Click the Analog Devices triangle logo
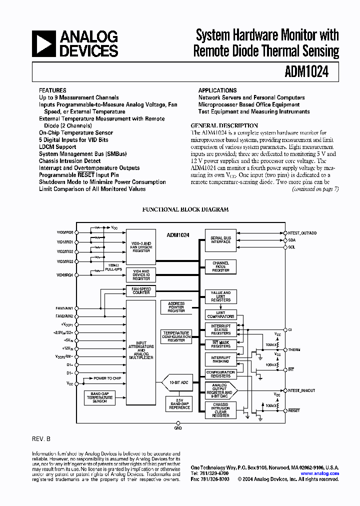[x=43, y=43]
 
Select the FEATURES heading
[x=52, y=90]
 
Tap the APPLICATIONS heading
[x=217, y=90]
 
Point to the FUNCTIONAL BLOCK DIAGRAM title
[x=185, y=210]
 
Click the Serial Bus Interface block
[x=220, y=240]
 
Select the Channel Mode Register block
[x=220, y=266]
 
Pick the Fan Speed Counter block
[x=141, y=290]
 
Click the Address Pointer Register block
[x=176, y=307]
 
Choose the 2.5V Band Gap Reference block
[x=179, y=403]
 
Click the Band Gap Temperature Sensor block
[x=99, y=397]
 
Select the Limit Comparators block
[x=220, y=315]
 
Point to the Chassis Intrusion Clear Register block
[x=220, y=410]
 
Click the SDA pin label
[x=292, y=240]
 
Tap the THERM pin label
[x=294, y=349]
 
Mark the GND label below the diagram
[x=178, y=428]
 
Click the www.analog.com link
[x=320, y=473]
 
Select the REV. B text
[x=41, y=438]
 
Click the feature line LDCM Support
[x=57, y=147]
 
